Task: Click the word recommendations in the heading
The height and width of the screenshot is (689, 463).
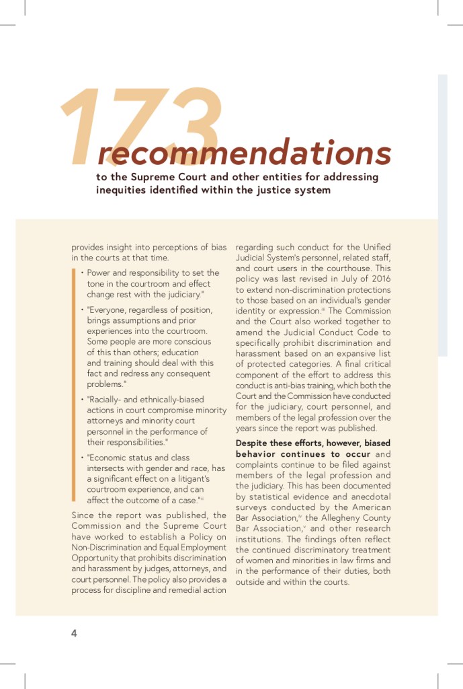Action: click(245, 153)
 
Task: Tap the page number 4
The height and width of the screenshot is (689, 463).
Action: click(75, 633)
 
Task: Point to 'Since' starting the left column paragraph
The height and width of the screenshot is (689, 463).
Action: click(83, 515)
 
